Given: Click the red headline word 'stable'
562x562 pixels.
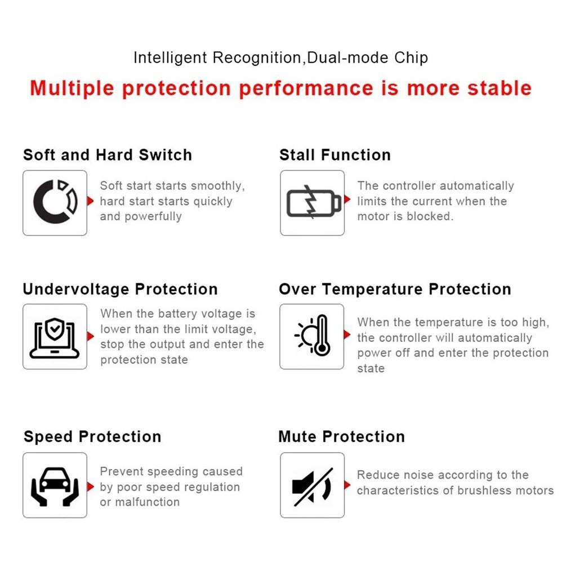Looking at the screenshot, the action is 499,88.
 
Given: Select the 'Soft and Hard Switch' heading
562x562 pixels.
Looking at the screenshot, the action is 108,155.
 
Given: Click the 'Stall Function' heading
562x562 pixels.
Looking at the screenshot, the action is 335,155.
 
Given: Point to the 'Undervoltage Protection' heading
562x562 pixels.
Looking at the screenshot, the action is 121,289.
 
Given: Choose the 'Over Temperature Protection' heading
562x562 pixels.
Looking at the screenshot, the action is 395,289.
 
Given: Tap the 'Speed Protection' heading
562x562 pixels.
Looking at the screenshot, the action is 92,436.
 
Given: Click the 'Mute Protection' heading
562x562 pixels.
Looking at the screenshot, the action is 342,436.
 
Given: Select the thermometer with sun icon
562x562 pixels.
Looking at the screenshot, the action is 313,336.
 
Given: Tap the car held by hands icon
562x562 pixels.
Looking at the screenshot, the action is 55,487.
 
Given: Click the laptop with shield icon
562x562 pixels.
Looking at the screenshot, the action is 55,338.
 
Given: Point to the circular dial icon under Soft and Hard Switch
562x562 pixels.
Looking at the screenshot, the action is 55,202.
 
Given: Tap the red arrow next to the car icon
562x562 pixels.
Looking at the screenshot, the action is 90,487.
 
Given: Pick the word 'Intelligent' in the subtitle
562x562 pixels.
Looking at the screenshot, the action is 170,57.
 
